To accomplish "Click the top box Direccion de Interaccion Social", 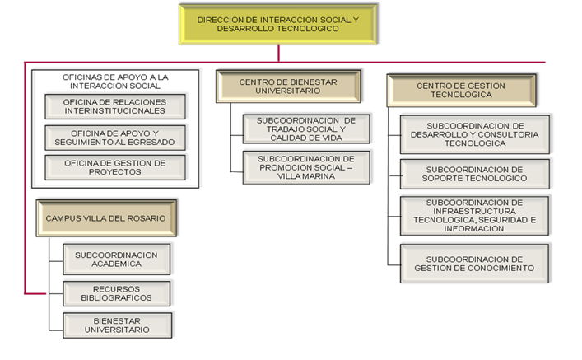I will [x=279, y=23].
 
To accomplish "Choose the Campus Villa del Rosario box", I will [x=106, y=218].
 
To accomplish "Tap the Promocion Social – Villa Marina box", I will [x=305, y=166].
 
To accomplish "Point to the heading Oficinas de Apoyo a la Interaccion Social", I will [x=115, y=81].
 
